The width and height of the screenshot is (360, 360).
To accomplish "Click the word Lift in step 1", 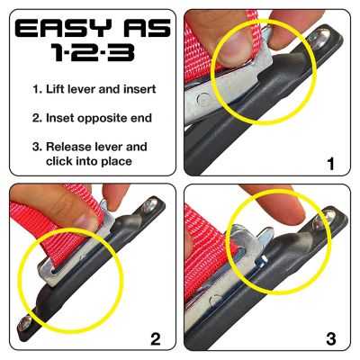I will coord(65,90).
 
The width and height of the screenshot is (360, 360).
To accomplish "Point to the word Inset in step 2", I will coord(67,118).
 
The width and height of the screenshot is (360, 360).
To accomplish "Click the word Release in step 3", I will coord(78,147).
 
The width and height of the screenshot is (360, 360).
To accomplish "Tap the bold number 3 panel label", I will coord(330,339).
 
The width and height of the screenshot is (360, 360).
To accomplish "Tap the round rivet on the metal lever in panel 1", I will coord(211,96).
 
